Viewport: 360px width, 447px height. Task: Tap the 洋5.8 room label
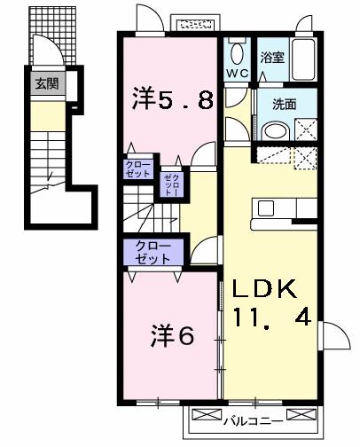[174, 98]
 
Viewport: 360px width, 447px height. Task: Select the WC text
[237, 73]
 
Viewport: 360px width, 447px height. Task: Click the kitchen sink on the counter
[265, 208]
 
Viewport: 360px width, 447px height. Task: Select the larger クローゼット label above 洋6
[154, 252]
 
